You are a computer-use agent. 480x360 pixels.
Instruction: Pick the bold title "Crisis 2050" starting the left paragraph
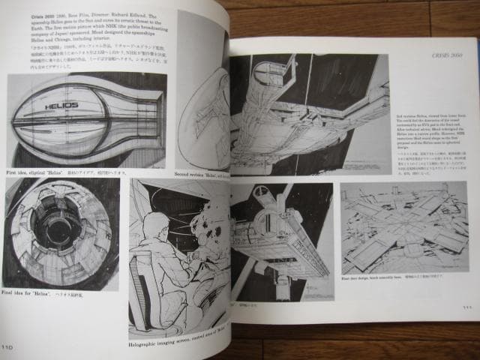click(24, 16)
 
